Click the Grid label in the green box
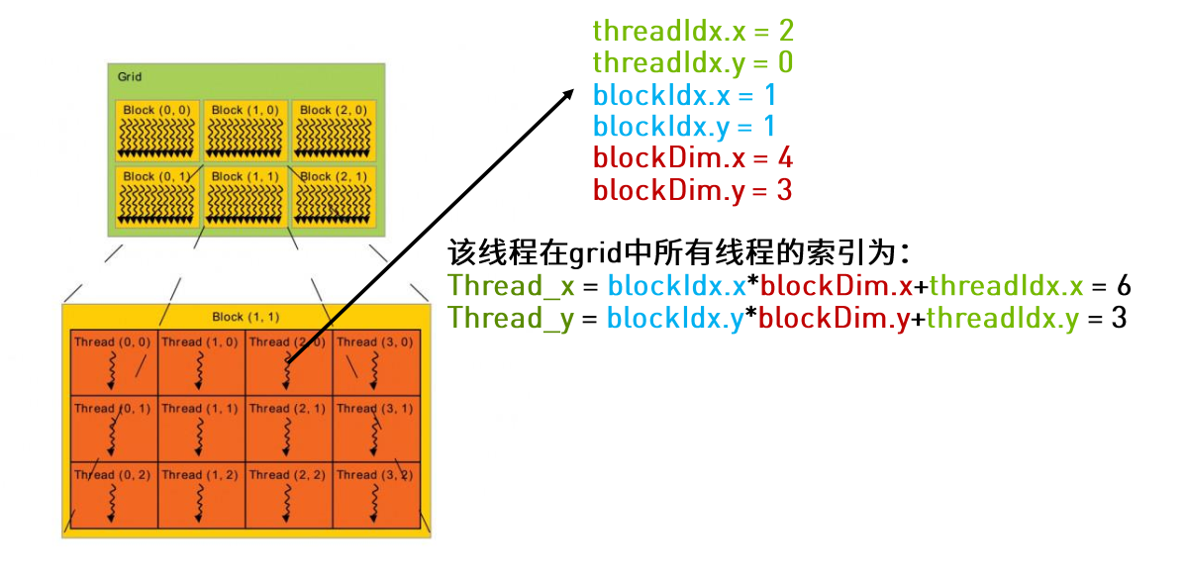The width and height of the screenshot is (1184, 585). pyautogui.click(x=130, y=76)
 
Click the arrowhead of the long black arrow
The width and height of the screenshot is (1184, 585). pyautogui.click(x=569, y=91)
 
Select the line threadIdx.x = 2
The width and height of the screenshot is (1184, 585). pyautogui.click(x=693, y=31)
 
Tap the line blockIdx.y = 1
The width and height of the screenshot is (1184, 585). pyautogui.click(x=683, y=126)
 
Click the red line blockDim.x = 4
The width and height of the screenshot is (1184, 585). pyautogui.click(x=692, y=157)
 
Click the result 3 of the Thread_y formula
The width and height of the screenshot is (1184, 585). pyautogui.click(x=1119, y=318)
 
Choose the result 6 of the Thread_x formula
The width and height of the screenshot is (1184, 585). pyautogui.click(x=1124, y=286)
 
